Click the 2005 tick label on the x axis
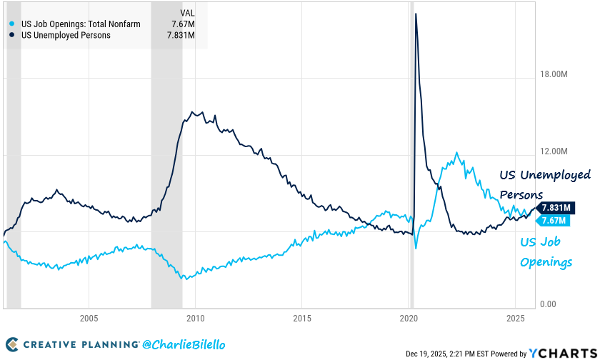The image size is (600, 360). pos(89,317)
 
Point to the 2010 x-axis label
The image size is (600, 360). pos(195,317)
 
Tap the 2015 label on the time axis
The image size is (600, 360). pos(302,317)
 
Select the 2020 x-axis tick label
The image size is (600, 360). pos(409,317)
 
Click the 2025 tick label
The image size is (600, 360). pos(516,317)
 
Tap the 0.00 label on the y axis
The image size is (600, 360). pos(549,304)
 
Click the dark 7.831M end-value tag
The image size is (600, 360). pos(556,208)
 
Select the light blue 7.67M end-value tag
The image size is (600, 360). pos(554,220)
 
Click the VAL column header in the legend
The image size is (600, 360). pos(188,12)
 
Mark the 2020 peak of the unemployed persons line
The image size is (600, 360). pos(416,14)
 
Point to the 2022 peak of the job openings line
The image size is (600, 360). pos(457,153)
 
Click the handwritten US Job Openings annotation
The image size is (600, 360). pos(546,252)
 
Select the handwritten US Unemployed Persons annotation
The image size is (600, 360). pos(544,184)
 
